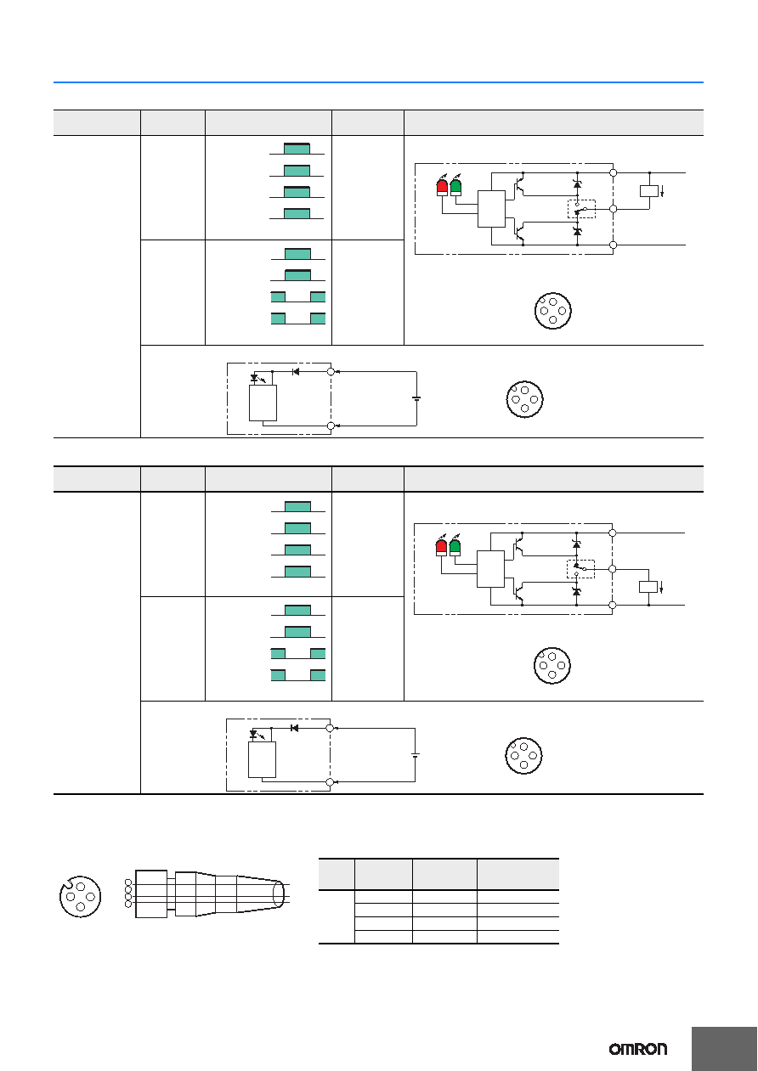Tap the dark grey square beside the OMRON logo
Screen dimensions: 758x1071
(724, 1049)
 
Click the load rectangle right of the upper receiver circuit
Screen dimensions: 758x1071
(649, 191)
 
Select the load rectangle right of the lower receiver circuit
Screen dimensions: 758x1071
(648, 587)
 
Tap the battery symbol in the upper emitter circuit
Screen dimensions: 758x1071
(416, 398)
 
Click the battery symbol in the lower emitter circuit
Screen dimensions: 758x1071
(415, 755)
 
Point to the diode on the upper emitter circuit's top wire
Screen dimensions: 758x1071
(296, 371)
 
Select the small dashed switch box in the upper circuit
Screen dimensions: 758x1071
(581, 209)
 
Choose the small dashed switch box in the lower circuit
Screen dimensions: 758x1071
(580, 569)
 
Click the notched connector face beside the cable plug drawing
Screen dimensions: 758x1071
(81, 897)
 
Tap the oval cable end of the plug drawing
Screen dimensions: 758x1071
(278, 894)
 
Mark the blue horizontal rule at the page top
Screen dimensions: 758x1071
(378, 82)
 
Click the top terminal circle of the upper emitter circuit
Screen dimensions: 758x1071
(331, 371)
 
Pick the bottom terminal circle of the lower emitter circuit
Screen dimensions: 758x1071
(330, 781)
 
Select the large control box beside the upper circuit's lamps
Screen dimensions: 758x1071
(491, 209)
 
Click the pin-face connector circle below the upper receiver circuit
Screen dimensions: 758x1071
(553, 311)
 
